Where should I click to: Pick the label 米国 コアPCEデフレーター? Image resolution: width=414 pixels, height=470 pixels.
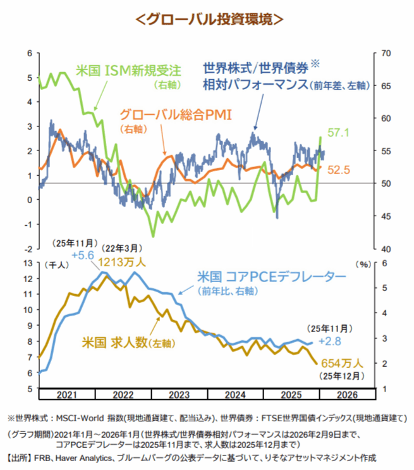[x=272, y=278]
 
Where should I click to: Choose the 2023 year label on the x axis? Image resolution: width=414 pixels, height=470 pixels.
[x=179, y=394]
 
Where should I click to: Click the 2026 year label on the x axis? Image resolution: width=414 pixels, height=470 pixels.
[x=347, y=394]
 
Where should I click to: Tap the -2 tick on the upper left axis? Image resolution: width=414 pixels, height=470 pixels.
[x=28, y=249]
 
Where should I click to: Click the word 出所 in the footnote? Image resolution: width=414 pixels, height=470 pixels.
[x=21, y=456]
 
